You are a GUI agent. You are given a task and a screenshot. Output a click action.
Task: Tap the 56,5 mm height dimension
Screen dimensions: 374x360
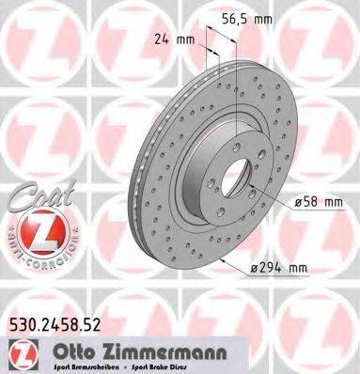tap(246, 20)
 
